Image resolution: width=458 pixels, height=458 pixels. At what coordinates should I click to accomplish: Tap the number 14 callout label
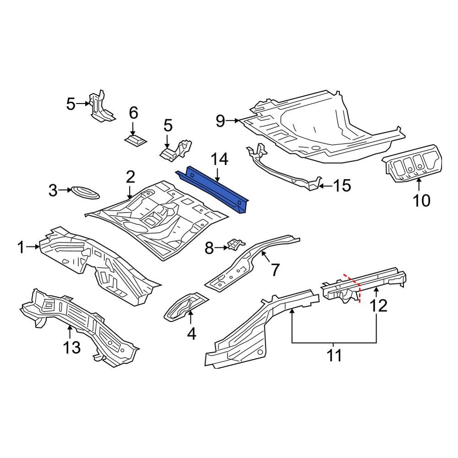[x=218, y=160]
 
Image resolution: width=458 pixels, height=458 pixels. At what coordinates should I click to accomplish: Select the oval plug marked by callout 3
[x=84, y=192]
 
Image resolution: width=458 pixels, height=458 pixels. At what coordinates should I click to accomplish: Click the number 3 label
[x=54, y=190]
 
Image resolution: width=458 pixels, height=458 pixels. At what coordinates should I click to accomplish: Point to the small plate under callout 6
[x=136, y=139]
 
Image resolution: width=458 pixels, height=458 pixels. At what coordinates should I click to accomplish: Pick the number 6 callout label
[x=133, y=112]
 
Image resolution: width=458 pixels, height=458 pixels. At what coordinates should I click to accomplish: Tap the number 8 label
[x=209, y=248]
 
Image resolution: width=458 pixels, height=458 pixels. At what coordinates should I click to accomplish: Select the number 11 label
[x=335, y=355]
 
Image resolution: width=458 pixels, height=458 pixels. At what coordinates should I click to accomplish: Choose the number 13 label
[x=72, y=348]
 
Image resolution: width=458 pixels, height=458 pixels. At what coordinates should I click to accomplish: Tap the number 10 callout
[x=422, y=200]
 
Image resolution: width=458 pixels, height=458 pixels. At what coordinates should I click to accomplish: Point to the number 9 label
[x=220, y=121]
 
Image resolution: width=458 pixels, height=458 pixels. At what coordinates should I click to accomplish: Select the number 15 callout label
[x=342, y=186]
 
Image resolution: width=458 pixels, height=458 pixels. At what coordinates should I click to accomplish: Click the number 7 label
[x=274, y=270]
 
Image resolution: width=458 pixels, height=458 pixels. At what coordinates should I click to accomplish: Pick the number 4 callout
[x=191, y=334]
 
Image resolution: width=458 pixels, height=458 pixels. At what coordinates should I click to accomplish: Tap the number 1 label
[x=21, y=248]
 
